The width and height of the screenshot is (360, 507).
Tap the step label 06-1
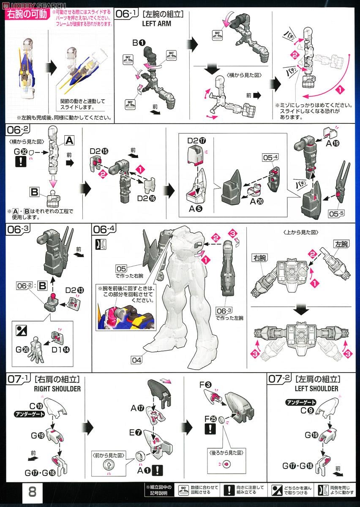point(128,14)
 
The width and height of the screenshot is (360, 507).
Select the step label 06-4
point(104,229)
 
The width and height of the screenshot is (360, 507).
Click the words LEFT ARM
point(157,24)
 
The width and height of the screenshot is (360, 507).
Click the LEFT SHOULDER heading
point(317,388)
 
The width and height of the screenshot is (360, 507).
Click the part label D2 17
point(196,140)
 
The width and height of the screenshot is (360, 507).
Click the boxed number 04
point(136,360)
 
